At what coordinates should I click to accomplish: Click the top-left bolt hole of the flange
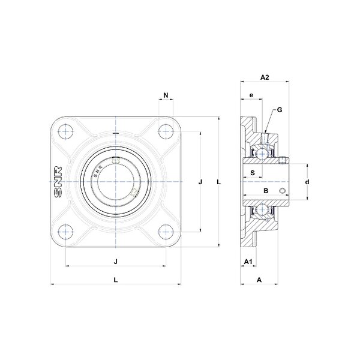point(65,131)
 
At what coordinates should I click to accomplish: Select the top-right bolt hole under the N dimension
point(166,131)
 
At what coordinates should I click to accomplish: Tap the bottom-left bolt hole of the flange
point(65,232)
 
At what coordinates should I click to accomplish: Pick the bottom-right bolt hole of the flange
point(166,232)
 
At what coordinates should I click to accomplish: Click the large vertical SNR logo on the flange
point(58,182)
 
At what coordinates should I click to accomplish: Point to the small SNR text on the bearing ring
point(98,172)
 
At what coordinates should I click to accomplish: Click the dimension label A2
point(265,77)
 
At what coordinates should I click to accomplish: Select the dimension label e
point(251,95)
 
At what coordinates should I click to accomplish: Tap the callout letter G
point(280,110)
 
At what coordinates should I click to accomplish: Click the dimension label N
point(166,95)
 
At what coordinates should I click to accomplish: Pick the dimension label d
point(307,182)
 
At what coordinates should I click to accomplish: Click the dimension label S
point(253,173)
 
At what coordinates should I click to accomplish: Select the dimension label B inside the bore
point(266,191)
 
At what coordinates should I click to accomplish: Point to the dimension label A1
point(248,262)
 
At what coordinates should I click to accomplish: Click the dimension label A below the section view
point(259,280)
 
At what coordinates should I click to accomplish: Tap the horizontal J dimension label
point(116,262)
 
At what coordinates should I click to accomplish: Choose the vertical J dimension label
point(200,182)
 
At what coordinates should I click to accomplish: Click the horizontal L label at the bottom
point(116,280)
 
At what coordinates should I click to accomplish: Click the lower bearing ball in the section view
point(262,209)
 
